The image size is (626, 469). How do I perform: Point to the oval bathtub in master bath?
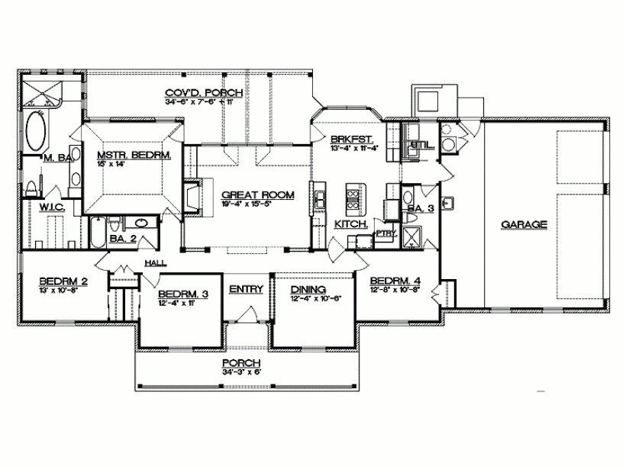tap(36, 132)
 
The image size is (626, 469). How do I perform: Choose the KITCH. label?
tap(352, 224)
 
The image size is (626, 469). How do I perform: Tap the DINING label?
tap(308, 290)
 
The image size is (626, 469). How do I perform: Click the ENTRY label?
tap(246, 288)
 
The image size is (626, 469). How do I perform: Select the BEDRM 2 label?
tap(63, 281)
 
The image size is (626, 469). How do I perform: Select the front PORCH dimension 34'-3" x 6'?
tap(240, 371)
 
